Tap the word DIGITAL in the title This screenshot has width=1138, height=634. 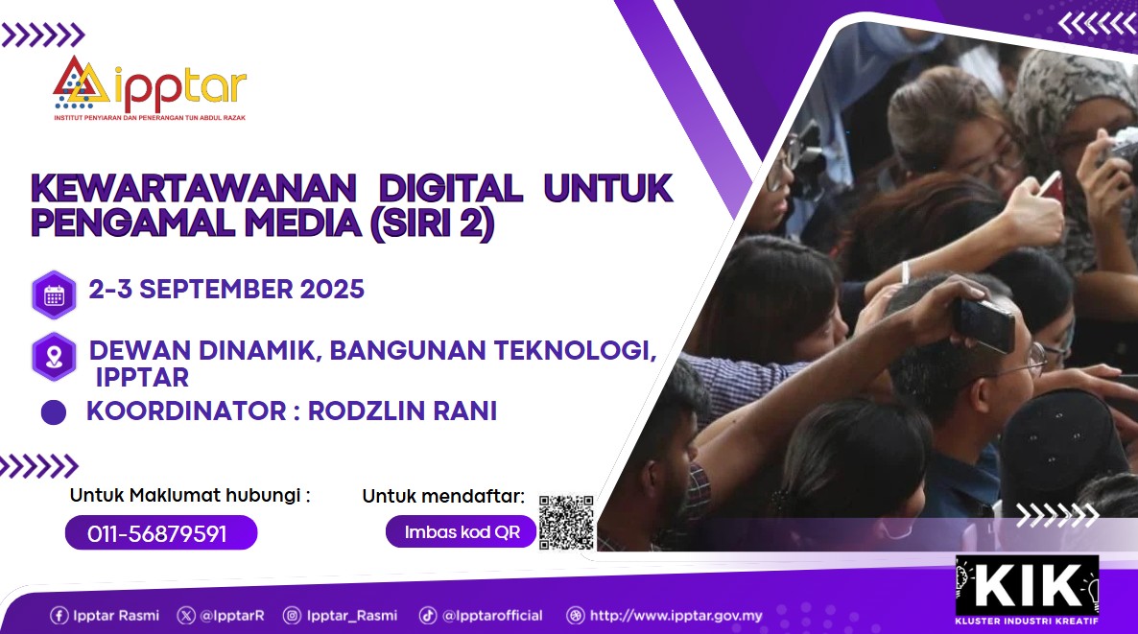450,188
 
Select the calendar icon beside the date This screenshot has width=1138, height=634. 55,295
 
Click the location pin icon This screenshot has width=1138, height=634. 55,357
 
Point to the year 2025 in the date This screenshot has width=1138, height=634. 332,290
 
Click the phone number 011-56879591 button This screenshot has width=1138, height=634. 161,533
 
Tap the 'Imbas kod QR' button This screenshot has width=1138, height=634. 461,531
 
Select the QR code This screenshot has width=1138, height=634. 566,523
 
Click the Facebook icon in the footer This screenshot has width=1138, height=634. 59,616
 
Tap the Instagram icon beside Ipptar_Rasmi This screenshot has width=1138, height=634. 292,616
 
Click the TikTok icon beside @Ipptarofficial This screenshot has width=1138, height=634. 428,616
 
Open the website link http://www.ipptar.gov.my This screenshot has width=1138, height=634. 676,616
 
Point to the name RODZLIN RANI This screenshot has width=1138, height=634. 403,411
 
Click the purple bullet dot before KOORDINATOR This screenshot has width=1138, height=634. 54,412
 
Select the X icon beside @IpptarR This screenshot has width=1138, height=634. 186,616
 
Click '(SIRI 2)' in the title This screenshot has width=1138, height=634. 433,223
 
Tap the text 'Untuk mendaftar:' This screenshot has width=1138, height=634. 443,496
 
